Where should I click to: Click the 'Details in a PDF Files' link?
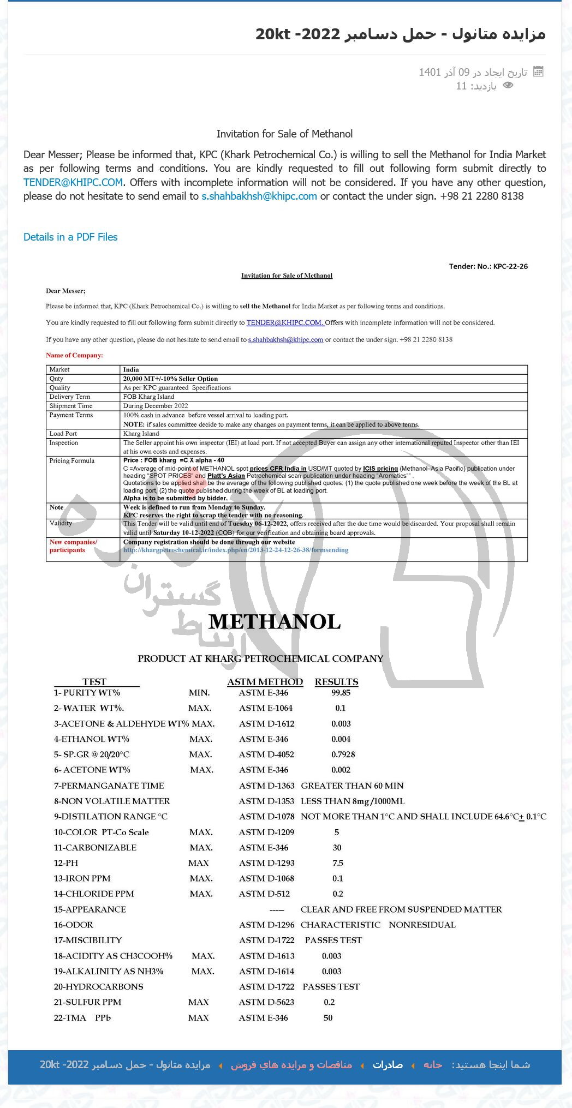coord(70,237)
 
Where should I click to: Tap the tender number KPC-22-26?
coord(510,267)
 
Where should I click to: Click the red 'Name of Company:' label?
coord(74,356)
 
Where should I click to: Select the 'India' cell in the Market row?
coord(131,370)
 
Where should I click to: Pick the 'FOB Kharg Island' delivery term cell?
coord(148,397)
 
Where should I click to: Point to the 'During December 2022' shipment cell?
coord(156,406)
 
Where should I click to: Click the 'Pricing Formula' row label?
coord(71,461)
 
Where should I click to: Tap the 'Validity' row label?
coord(61,523)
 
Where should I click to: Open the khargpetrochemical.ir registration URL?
coord(235,550)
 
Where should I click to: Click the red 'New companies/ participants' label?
coord(73,546)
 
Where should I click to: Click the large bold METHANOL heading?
coord(275,622)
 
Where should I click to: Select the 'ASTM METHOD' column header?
coord(265,682)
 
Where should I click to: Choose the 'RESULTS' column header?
coord(336,682)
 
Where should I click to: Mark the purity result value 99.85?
coord(341,693)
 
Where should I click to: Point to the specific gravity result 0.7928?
coord(343,754)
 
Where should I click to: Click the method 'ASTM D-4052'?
coord(266,754)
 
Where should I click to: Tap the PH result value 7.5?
coord(338,863)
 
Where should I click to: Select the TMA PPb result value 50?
coord(328,1018)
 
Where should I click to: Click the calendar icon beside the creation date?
coord(538,71)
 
